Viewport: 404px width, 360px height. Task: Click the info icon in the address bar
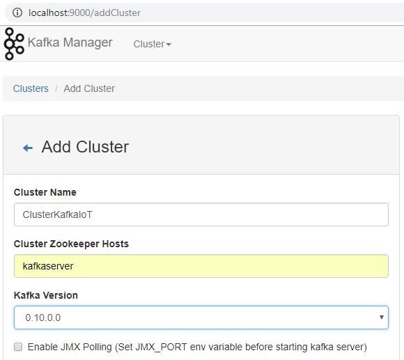[17, 13]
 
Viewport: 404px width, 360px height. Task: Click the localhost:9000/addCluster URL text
[84, 13]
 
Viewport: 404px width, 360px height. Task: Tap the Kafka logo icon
[14, 44]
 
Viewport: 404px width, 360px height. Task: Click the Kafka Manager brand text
[70, 42]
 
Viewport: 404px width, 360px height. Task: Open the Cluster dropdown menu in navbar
[152, 44]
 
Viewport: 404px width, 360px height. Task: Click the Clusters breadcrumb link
[31, 88]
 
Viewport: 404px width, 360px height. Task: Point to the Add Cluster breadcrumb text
[89, 88]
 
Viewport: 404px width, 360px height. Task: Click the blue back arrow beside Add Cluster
[28, 148]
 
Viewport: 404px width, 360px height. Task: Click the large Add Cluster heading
[85, 147]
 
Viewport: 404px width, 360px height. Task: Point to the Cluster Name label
[45, 192]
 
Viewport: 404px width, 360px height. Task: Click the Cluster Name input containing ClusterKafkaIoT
[201, 214]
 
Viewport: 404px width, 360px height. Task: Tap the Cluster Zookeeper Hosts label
[71, 244]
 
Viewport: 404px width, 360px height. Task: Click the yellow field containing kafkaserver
[201, 266]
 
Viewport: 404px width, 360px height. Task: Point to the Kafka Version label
[46, 295]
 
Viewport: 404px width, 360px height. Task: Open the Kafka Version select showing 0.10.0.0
[201, 318]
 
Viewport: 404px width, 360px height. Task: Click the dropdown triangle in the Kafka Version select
[382, 318]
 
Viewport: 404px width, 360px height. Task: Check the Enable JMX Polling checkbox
[18, 347]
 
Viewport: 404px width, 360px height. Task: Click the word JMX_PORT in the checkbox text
[161, 347]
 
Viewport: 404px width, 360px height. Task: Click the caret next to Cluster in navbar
[169, 45]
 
